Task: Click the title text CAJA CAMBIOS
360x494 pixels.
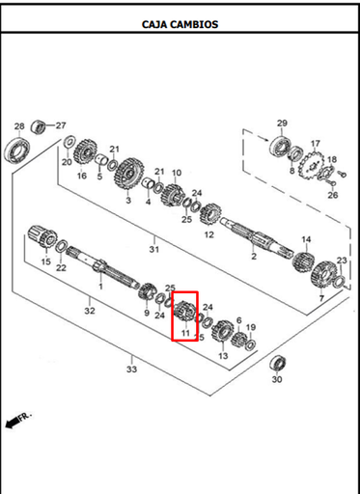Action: point(180,24)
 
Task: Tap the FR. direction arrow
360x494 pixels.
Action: point(13,423)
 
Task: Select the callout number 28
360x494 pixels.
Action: point(19,126)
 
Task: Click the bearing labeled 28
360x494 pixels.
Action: point(17,149)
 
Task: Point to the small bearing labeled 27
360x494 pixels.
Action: point(39,126)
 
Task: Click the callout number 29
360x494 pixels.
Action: point(282,123)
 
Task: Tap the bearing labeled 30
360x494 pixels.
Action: point(278,364)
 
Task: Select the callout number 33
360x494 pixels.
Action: point(131,370)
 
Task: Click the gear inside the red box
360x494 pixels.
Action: point(184,311)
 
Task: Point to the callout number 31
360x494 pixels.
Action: point(154,249)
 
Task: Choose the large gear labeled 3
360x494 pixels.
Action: point(128,174)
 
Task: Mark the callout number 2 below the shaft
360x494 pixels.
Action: point(254,257)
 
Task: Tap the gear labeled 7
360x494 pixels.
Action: point(323,276)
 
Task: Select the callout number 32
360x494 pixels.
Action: point(90,311)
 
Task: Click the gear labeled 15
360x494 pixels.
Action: point(42,236)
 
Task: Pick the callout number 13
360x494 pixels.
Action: point(223,356)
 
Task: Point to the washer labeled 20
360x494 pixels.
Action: point(69,141)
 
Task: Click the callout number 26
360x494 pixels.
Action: point(333,195)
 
